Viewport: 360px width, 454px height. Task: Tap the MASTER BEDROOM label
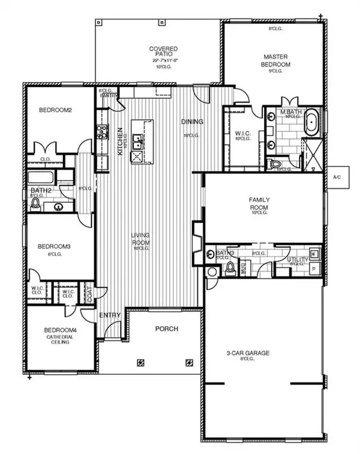pos(276,61)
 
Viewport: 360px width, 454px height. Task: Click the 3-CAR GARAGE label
pos(260,353)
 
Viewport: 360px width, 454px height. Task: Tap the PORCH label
pos(164,329)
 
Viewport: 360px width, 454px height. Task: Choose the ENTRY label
pos(111,315)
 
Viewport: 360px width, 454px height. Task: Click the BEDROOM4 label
pos(58,330)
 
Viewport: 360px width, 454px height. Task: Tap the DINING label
pos(193,122)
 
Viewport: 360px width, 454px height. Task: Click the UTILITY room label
pos(298,259)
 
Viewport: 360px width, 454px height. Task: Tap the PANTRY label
pos(108,95)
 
